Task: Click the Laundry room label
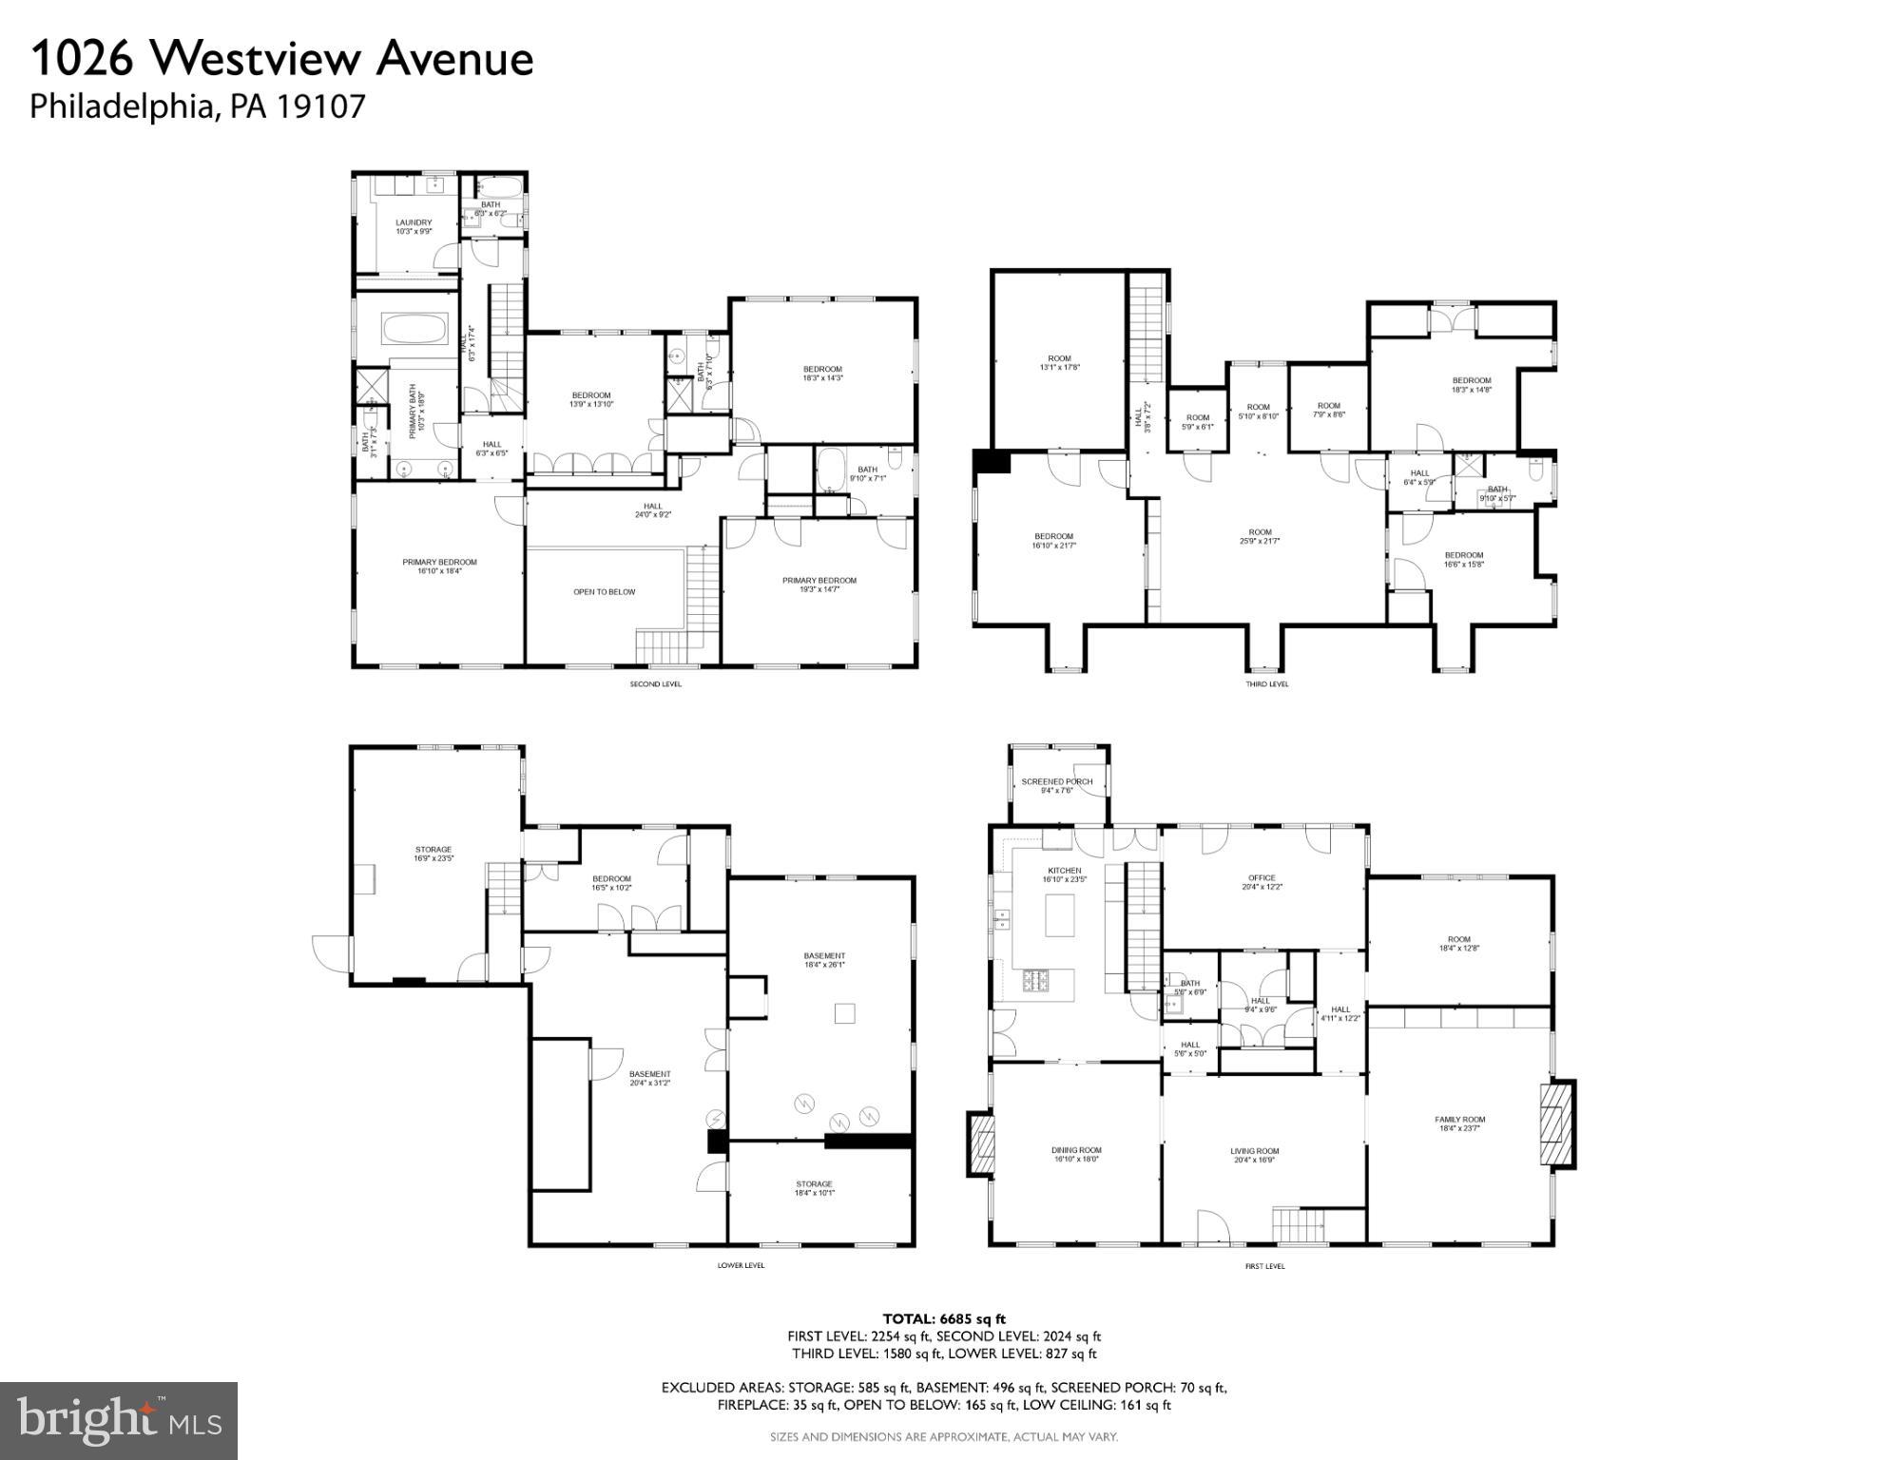click(414, 226)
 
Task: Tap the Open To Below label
click(604, 592)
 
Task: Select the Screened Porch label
click(1056, 785)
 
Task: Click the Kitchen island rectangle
click(1059, 915)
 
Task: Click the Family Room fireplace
click(1557, 1124)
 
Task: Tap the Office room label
click(1262, 882)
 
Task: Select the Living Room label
click(1254, 1155)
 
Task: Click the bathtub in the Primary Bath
click(414, 330)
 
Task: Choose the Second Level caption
click(655, 684)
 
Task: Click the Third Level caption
click(1266, 684)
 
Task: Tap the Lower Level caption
click(741, 1265)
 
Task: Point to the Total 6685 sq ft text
click(943, 1318)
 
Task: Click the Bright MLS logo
click(118, 1420)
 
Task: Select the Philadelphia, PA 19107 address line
click(197, 106)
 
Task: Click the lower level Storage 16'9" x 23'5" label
click(433, 854)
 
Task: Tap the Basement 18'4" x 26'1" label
click(823, 960)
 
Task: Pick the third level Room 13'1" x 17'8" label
click(1059, 362)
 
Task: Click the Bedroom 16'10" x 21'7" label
click(1053, 541)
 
